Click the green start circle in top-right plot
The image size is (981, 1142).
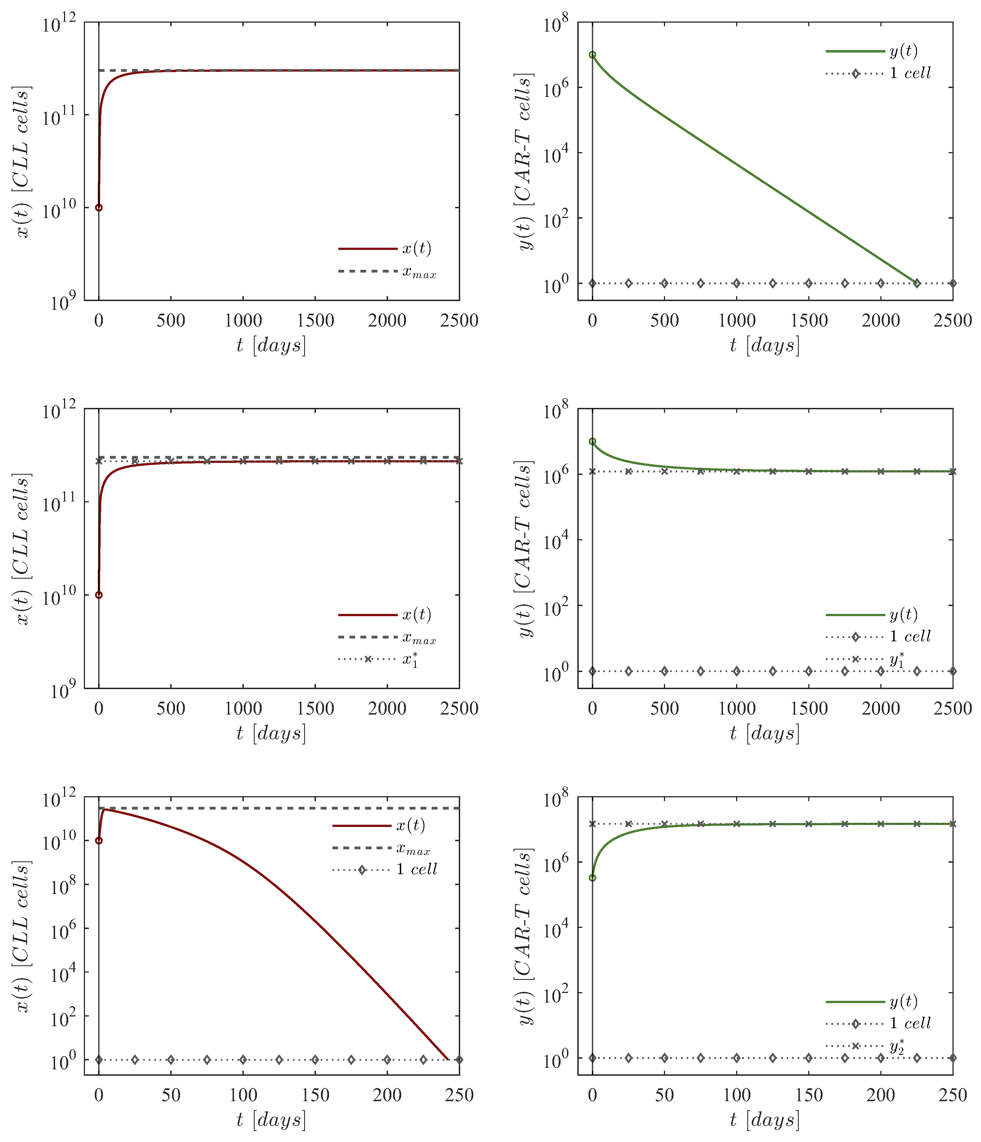592,55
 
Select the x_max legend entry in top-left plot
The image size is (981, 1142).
419,272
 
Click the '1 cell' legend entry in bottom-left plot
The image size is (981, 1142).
417,869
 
